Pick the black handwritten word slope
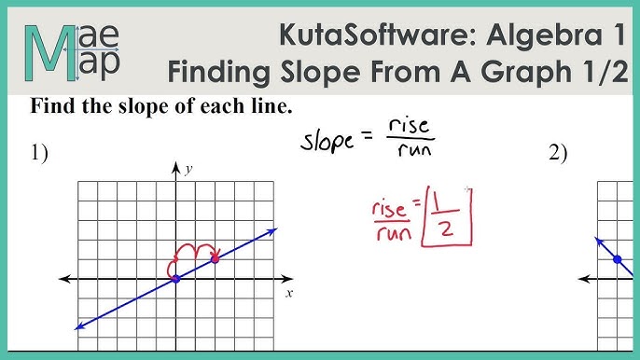(327, 142)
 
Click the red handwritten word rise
(388, 207)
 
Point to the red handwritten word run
(392, 232)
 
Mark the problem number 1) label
(38, 155)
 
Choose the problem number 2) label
(558, 155)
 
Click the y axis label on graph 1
(188, 169)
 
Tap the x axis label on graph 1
(289, 293)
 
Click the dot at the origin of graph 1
(176, 278)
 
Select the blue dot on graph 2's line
(617, 259)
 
